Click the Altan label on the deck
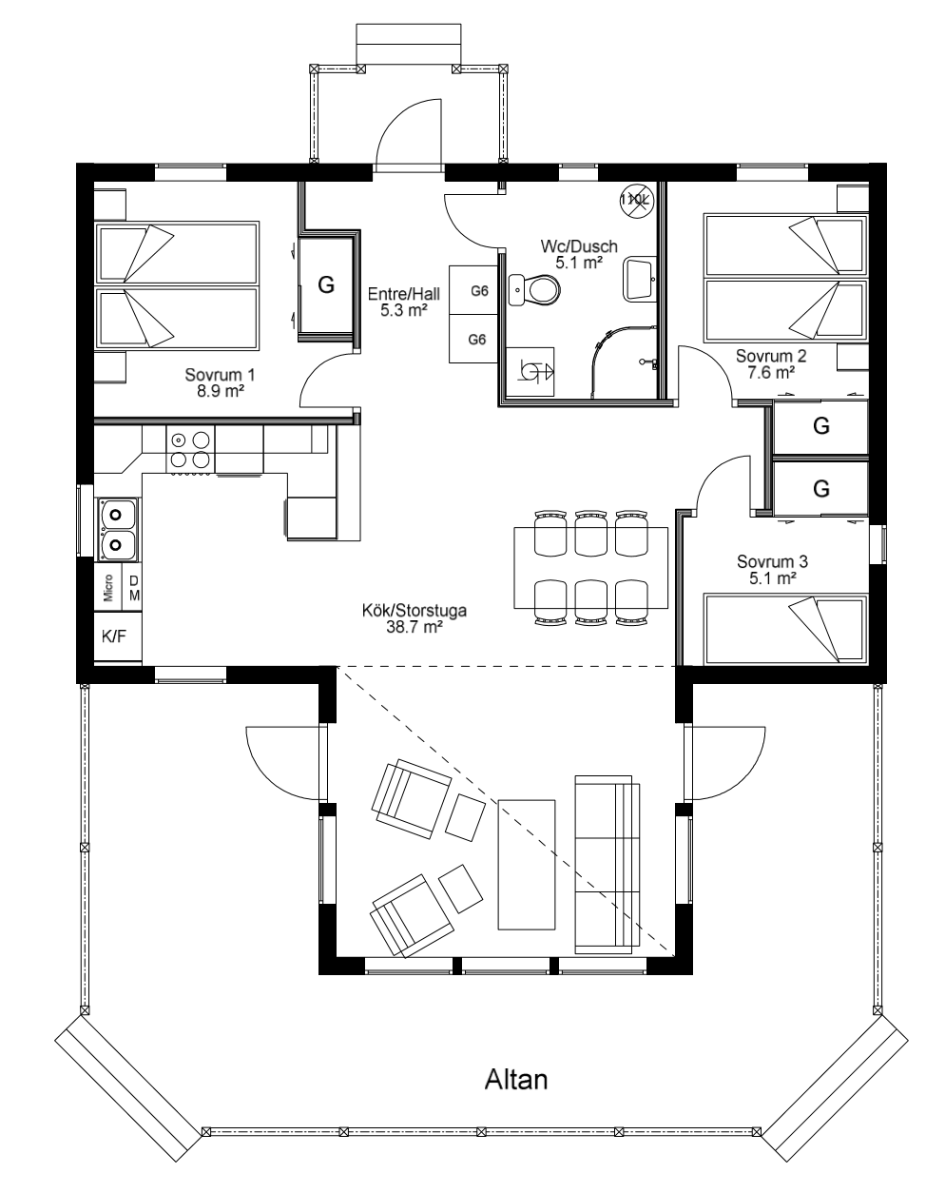(516, 1080)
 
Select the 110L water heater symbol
(636, 200)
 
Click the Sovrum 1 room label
(220, 375)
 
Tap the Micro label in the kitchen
(108, 588)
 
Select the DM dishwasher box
(132, 587)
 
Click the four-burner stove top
(190, 450)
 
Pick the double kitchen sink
(118, 529)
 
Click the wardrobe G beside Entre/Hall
(326, 285)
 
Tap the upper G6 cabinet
(473, 290)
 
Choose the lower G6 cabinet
(473, 339)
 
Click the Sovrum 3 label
(772, 561)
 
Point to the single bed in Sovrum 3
(785, 629)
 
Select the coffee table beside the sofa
(527, 864)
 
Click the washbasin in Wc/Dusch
(641, 278)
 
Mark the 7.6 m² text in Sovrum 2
(771, 372)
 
